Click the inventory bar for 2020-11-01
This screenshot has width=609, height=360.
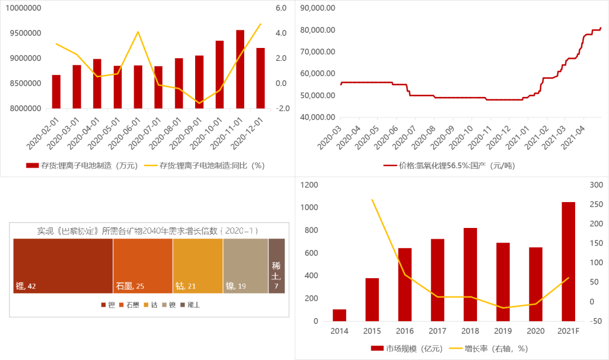click(x=240, y=69)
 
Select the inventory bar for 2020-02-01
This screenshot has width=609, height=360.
click(x=56, y=91)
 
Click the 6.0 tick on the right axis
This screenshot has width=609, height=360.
click(x=281, y=8)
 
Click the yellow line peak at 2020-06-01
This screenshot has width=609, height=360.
click(x=138, y=32)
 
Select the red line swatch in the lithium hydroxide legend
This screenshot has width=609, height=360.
click(x=390, y=166)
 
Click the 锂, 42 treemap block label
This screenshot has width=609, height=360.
click(x=26, y=286)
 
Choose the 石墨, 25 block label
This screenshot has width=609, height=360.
click(x=130, y=286)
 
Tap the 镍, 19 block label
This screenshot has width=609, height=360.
click(x=236, y=286)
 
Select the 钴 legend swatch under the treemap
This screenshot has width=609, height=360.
click(x=146, y=305)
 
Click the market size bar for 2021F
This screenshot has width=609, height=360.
click(x=568, y=261)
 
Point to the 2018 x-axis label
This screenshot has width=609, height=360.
click(x=470, y=331)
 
